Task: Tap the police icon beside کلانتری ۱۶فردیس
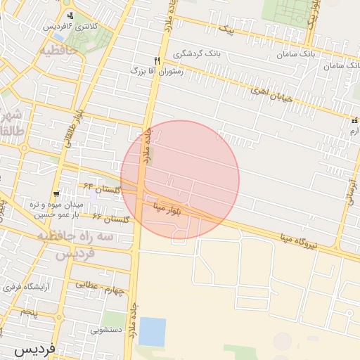pos(70,15)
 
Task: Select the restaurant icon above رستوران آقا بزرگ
pos(157,60)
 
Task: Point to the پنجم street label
pos(29,310)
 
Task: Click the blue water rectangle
pos(152,331)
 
